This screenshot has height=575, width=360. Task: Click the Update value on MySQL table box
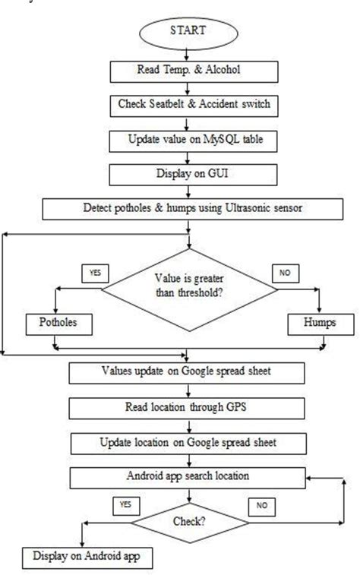click(186, 141)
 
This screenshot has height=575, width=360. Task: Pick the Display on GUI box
click(186, 175)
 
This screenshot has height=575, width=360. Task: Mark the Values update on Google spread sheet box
click(186, 373)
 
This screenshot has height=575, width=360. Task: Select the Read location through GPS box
click(186, 408)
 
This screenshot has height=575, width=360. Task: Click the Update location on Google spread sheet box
click(186, 443)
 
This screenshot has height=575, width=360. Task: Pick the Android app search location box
click(186, 478)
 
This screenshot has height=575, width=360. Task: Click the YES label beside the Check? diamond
click(125, 505)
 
